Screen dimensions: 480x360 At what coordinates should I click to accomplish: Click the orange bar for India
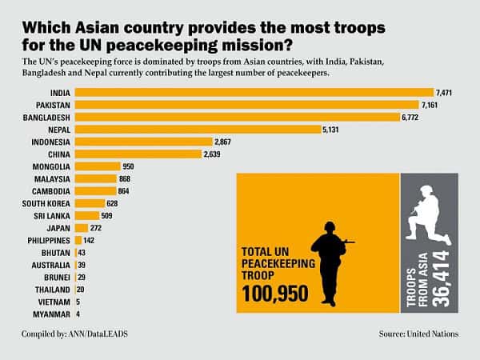(254, 93)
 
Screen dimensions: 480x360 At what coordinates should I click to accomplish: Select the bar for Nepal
(198, 130)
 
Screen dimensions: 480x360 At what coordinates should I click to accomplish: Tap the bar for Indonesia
(143, 142)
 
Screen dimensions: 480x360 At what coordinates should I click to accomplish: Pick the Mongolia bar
(98, 166)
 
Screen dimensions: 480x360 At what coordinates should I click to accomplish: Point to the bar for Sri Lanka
(87, 215)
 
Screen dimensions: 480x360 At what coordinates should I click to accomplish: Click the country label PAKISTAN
(53, 106)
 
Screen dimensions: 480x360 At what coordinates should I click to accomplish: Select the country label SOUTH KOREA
(46, 203)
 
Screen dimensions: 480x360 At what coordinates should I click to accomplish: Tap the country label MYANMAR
(51, 314)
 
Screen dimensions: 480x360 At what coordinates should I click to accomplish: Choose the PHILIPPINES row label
(49, 241)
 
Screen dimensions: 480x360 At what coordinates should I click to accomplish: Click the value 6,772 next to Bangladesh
(410, 118)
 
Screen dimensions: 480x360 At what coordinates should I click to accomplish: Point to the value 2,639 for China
(212, 154)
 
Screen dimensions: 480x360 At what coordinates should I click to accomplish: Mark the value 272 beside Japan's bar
(95, 228)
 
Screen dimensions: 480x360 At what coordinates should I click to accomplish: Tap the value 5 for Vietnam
(78, 302)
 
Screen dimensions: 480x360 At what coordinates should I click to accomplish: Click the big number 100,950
(275, 294)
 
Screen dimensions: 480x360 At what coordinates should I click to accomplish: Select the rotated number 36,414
(441, 278)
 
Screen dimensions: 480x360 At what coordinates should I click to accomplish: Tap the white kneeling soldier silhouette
(428, 215)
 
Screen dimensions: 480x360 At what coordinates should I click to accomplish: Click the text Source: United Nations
(418, 334)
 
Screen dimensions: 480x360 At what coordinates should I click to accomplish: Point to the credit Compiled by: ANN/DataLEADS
(74, 334)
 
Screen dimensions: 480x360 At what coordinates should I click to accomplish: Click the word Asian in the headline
(97, 27)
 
